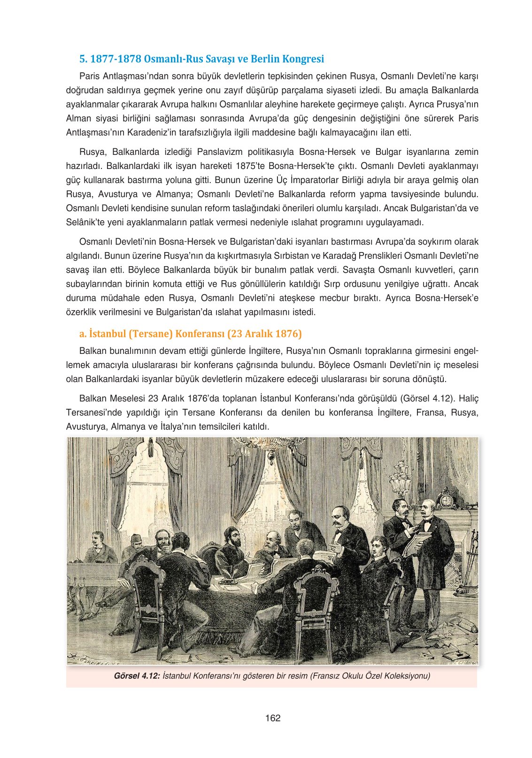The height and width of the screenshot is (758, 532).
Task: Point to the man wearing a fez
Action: coord(137,544)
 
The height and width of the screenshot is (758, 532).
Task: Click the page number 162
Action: coord(272,718)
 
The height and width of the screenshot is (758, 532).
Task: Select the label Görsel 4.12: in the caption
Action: coord(137,676)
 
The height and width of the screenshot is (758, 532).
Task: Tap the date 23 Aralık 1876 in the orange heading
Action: coord(264,334)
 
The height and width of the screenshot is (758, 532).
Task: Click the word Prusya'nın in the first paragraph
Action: coord(457,105)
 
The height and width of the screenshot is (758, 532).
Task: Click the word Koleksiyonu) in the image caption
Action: coord(408,676)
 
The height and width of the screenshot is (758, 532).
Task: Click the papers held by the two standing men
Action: coord(416,542)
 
